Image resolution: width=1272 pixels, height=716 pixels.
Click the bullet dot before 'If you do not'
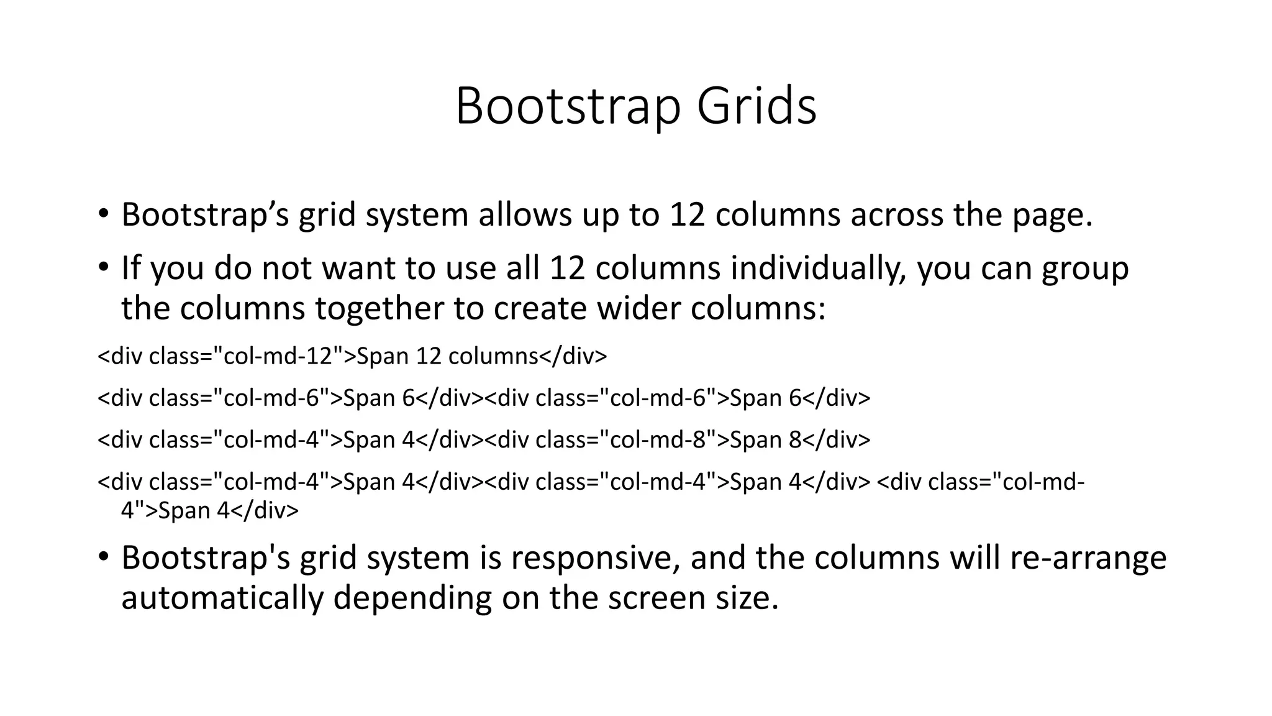pos(103,268)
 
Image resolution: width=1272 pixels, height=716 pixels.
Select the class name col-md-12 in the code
pos(277,356)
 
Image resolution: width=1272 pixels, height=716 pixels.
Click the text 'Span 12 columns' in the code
pos(447,356)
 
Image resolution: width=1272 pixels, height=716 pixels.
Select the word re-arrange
pos(1088,558)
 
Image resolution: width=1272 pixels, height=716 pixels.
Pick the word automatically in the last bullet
pos(222,598)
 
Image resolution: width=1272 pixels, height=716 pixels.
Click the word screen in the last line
pos(655,598)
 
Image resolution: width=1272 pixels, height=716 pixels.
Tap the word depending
pos(412,599)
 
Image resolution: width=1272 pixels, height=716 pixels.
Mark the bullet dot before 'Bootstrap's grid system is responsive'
pos(103,557)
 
